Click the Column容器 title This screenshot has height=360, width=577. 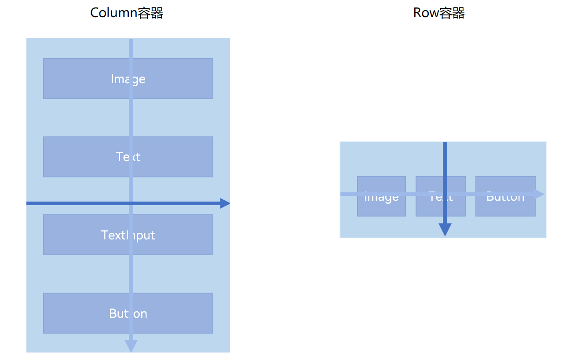(127, 13)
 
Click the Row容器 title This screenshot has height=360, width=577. (439, 13)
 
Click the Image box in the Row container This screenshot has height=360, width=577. (381, 207)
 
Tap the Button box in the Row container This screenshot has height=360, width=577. (505, 207)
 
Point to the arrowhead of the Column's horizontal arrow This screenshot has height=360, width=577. (225, 203)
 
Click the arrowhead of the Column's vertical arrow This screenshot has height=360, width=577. (131, 346)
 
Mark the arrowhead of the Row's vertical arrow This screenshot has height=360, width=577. (445, 230)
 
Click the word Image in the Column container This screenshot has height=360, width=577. (128, 79)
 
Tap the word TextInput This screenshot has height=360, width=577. (128, 235)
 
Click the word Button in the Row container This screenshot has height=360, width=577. (505, 197)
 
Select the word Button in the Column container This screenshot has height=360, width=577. (128, 313)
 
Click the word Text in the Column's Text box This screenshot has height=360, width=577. (128, 157)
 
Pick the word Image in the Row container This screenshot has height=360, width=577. (381, 197)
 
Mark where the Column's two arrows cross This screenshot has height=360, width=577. (131, 203)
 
